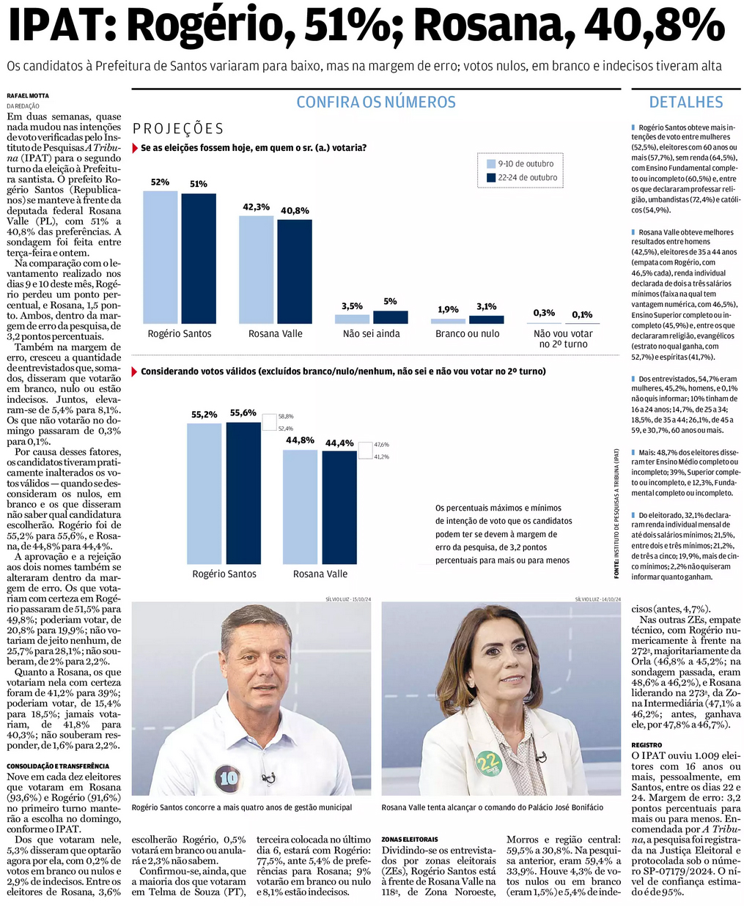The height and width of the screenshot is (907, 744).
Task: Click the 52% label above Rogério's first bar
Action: click(x=160, y=182)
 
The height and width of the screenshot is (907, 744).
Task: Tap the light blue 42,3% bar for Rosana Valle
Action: click(x=256, y=269)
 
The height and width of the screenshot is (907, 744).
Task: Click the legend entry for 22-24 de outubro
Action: click(x=522, y=177)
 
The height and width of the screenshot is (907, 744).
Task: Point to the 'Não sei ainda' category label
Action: click(x=372, y=334)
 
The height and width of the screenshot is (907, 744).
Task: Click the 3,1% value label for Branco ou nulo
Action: click(x=487, y=307)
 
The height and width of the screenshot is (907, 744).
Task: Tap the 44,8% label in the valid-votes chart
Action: click(x=299, y=440)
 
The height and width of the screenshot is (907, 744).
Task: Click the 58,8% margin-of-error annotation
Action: click(x=285, y=416)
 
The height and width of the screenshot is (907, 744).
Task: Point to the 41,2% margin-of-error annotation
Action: click(x=381, y=456)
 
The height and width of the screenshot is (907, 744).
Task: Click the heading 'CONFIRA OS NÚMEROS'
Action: click(x=376, y=103)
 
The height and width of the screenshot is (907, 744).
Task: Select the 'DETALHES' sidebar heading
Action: click(x=686, y=103)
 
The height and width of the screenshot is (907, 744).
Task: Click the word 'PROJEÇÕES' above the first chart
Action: click(x=178, y=129)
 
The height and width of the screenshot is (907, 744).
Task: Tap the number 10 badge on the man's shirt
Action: click(x=229, y=777)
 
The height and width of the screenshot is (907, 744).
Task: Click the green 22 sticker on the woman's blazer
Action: click(x=487, y=765)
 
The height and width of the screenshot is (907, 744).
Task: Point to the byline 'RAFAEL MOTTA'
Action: click(x=28, y=96)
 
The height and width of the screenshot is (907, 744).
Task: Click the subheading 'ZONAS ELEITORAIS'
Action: click(x=410, y=839)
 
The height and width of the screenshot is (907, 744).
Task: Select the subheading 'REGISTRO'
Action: click(x=647, y=745)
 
